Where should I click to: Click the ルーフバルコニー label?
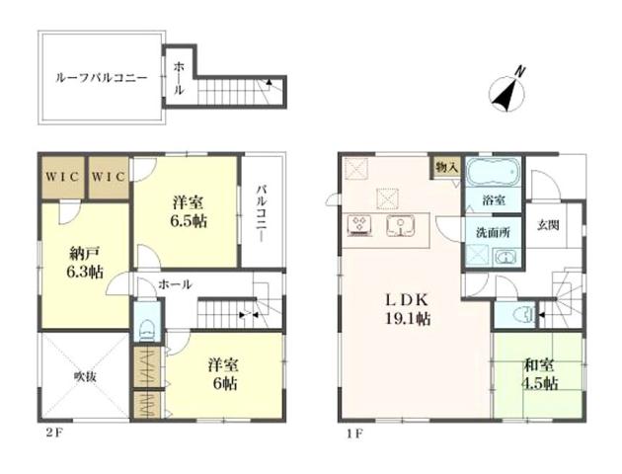[101, 78]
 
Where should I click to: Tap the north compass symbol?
[506, 93]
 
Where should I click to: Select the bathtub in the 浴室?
[493, 172]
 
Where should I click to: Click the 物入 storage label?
[447, 167]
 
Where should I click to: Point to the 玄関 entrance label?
[549, 225]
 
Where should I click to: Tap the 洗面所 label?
[493, 233]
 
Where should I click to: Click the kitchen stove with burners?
[360, 226]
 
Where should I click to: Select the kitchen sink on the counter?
[400, 226]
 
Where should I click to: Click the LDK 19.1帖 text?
[408, 309]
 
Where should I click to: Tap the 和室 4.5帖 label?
[540, 375]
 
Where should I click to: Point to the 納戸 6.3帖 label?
[85, 263]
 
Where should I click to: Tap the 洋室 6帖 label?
[224, 375]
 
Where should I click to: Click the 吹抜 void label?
[85, 376]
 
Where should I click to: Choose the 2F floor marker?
[53, 433]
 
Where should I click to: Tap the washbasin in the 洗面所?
[505, 258]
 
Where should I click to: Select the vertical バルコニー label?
[261, 213]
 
